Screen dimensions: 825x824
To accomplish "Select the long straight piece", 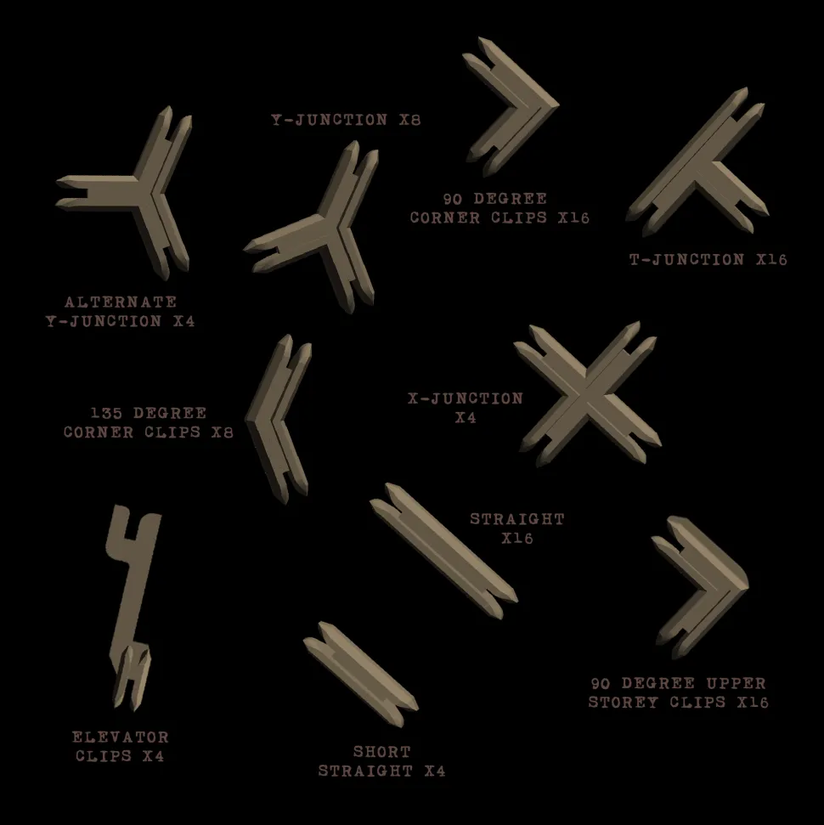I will pyautogui.click(x=444, y=550).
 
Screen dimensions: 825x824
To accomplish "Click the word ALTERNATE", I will pyautogui.click(x=121, y=302).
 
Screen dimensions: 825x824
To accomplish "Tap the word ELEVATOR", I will pyautogui.click(x=120, y=737).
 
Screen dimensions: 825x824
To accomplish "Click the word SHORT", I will pyautogui.click(x=381, y=752).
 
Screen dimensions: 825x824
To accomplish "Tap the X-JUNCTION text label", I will pyautogui.click(x=466, y=398).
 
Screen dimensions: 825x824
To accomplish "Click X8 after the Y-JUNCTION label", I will pyautogui.click(x=409, y=120).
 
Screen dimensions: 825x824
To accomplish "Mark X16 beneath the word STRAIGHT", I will pyautogui.click(x=516, y=538).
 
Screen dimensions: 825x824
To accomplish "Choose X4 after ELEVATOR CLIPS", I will pyautogui.click(x=153, y=755).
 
